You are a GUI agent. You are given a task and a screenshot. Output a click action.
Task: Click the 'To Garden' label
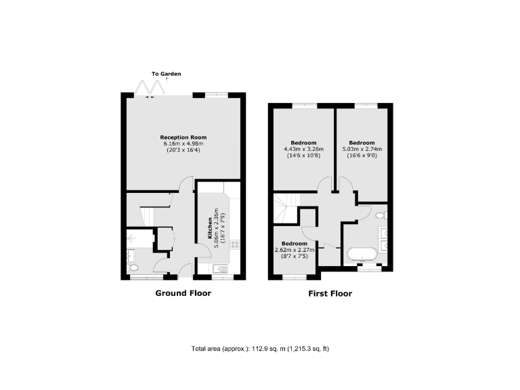coord(166,74)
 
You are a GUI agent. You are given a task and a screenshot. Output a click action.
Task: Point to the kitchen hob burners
coord(235,246)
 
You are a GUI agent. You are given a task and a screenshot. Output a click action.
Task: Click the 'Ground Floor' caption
coord(183,293)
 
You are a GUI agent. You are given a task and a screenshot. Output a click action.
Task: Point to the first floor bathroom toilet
coord(382,215)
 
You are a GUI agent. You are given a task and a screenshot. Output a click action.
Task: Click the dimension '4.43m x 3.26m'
coord(303,149)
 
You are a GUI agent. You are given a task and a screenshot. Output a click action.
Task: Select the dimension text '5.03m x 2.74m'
coord(362,150)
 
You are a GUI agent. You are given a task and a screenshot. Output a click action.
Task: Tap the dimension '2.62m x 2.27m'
coord(295,250)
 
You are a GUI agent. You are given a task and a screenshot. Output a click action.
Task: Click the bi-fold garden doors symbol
coord(152,87)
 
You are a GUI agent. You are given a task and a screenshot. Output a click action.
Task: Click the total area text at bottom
coord(260,349)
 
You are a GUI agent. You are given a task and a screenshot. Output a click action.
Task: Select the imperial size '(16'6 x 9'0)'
coord(362,156)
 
